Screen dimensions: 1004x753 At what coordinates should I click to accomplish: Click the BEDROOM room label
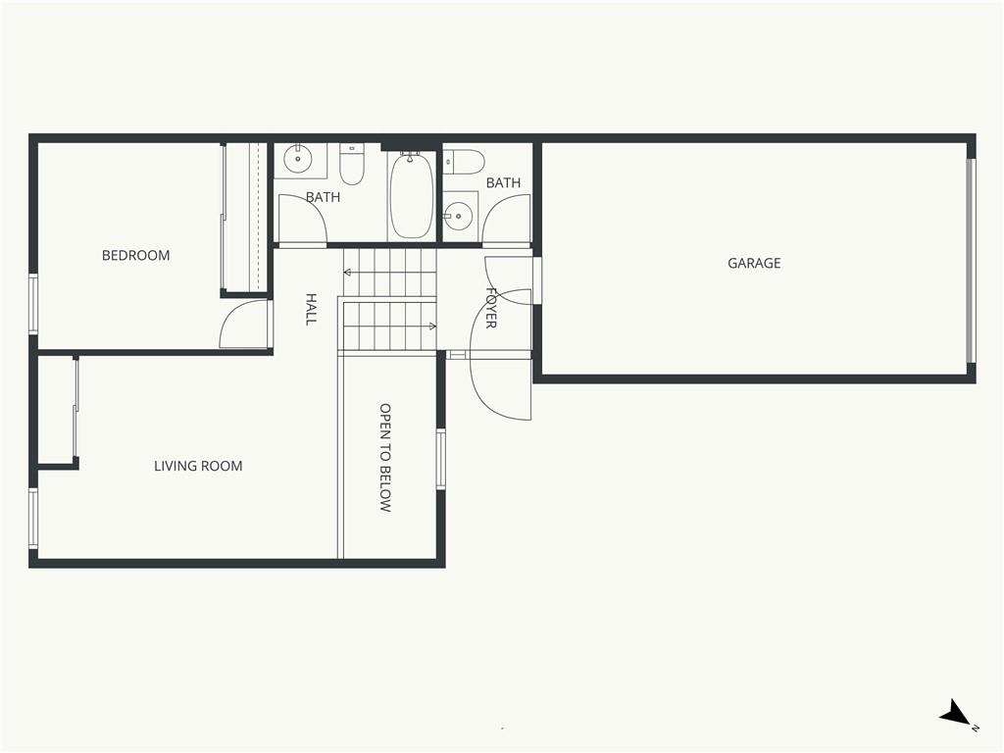(135, 256)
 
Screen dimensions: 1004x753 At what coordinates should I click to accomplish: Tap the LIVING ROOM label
(198, 466)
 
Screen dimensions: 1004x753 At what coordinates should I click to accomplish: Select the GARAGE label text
(754, 263)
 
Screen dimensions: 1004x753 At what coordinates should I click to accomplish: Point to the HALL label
(311, 309)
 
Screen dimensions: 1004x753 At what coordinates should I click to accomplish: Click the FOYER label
(491, 308)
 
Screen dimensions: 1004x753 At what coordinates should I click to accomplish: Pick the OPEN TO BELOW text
(384, 457)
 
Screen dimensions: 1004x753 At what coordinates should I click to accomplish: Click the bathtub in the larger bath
(411, 195)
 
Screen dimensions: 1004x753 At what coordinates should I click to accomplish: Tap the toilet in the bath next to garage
(464, 162)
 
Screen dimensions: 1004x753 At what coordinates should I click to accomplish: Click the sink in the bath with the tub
(298, 158)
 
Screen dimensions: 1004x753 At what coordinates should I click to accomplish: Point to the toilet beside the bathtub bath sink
(352, 164)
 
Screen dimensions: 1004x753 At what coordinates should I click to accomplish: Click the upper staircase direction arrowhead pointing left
(347, 273)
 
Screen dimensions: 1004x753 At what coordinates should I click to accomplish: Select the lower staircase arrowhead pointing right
(432, 326)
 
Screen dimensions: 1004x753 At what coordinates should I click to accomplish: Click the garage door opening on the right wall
(971, 261)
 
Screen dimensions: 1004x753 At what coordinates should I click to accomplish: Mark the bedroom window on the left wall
(33, 304)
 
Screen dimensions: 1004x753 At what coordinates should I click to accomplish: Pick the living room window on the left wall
(33, 519)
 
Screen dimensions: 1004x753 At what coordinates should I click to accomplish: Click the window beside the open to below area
(440, 459)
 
